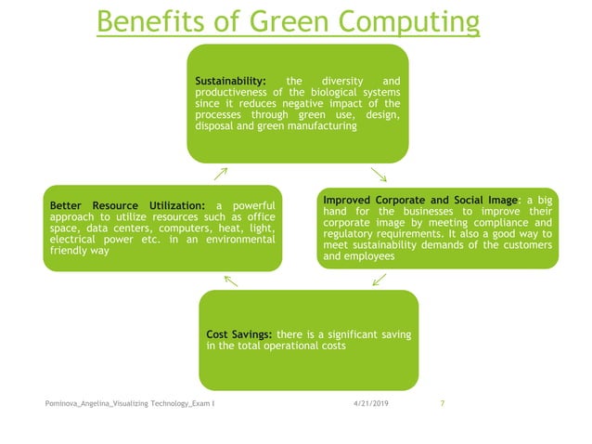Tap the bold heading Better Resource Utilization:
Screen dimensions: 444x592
tap(125, 204)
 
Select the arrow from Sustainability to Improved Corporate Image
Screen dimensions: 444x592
tap(379, 174)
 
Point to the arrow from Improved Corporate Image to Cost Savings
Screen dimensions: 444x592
tap(380, 280)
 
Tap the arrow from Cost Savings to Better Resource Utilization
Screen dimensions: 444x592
tap(231, 280)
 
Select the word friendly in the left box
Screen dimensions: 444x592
tap(67, 250)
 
